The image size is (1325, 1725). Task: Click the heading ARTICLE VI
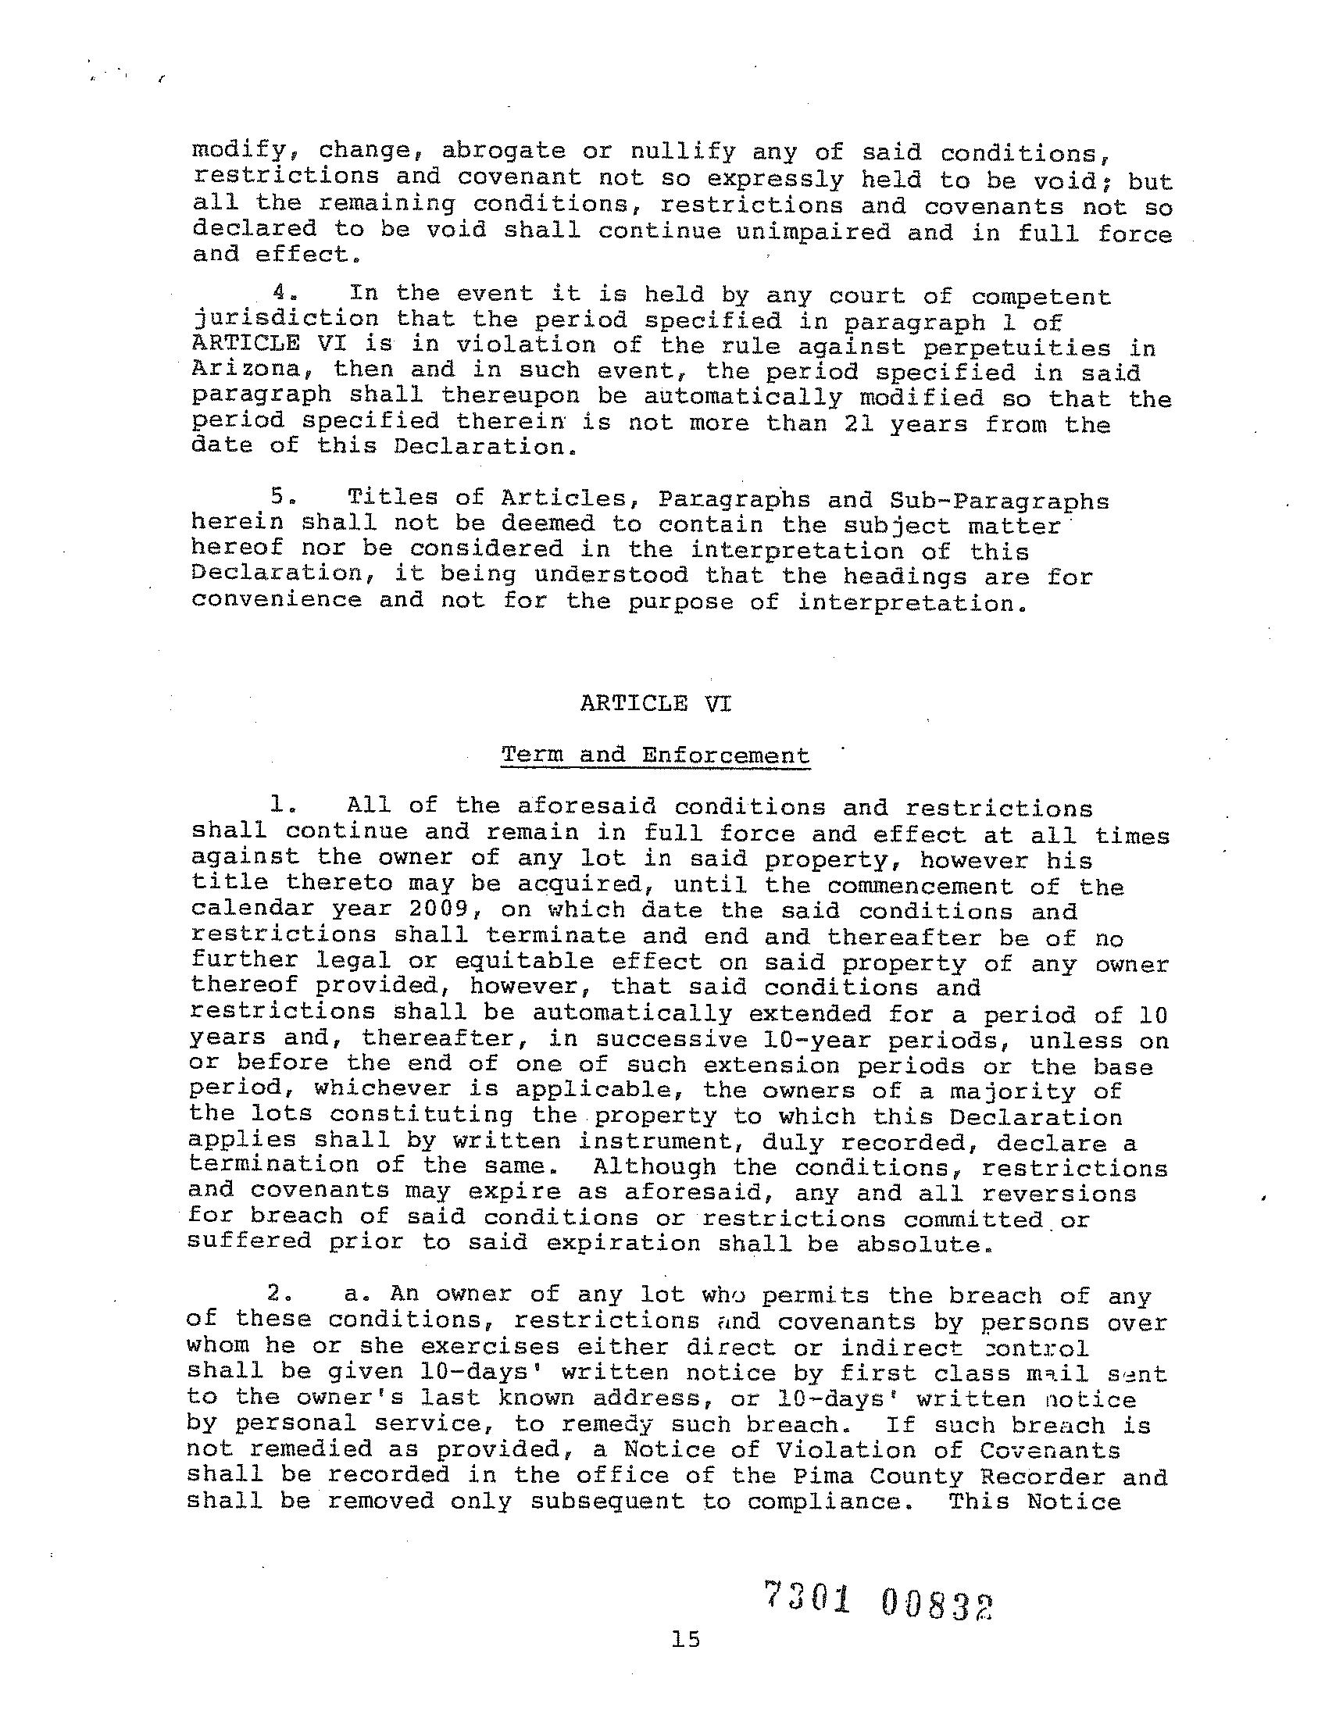coord(655,703)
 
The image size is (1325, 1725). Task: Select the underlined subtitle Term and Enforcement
coord(655,755)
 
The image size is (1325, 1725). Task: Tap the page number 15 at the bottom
coord(685,1640)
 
